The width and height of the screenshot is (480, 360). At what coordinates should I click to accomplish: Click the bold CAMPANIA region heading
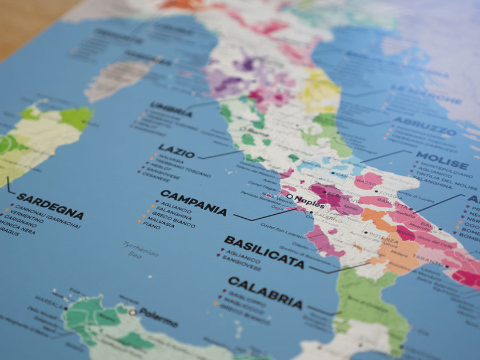(193, 202)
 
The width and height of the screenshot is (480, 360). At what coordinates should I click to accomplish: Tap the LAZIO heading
(177, 151)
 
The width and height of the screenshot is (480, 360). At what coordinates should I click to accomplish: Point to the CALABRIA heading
(265, 291)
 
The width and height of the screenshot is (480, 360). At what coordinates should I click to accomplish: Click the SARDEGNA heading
(50, 206)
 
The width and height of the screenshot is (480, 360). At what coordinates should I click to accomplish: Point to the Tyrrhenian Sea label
(140, 249)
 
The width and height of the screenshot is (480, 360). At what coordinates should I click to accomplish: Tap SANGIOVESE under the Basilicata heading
(242, 266)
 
